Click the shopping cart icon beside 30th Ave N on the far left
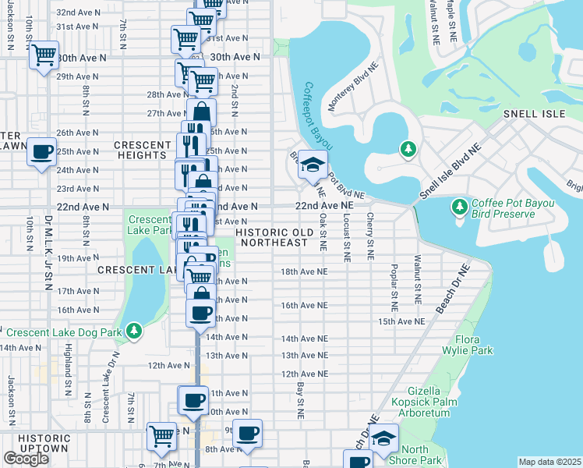pos(44,55)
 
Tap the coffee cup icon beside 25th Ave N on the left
pos(42,151)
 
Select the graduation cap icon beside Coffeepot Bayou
pos(313,165)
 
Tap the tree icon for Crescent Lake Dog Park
pos(135,331)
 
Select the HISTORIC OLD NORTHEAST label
pos(274,237)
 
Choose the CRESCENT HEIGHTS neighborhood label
pos(142,150)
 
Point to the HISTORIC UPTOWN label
pos(44,443)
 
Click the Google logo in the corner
pos(26,459)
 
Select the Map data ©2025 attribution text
pos(549,462)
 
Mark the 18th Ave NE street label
pos(304,271)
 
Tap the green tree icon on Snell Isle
pos(407,148)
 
